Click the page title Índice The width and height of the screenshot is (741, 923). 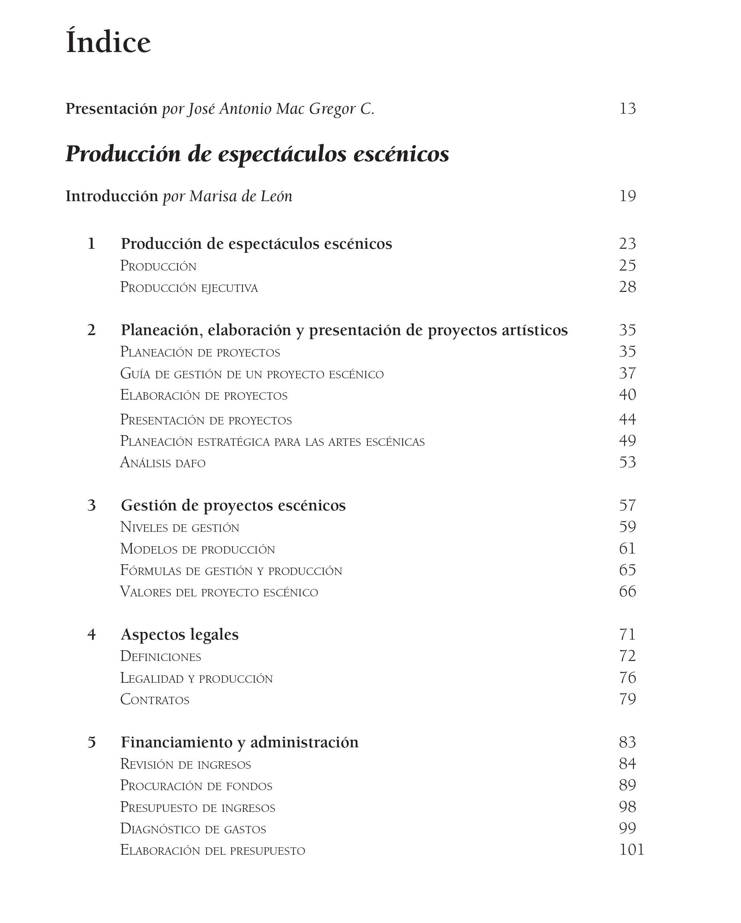pyautogui.click(x=108, y=42)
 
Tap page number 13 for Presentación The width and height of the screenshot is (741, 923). pyautogui.click(x=627, y=109)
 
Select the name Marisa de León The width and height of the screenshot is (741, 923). pyautogui.click(x=241, y=196)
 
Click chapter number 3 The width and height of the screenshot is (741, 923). pyautogui.click(x=92, y=505)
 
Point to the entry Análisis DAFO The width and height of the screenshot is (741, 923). pyautogui.click(x=163, y=463)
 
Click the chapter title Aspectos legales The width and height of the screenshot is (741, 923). pyautogui.click(x=180, y=634)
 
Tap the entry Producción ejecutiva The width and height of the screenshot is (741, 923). pyautogui.click(x=189, y=287)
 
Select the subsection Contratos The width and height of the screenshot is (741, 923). pyautogui.click(x=155, y=699)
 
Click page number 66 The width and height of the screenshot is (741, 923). pyautogui.click(x=627, y=592)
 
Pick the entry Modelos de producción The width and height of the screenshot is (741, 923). pyautogui.click(x=197, y=549)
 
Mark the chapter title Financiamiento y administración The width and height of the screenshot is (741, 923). pyautogui.click(x=240, y=742)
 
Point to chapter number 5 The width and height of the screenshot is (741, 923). pyautogui.click(x=92, y=742)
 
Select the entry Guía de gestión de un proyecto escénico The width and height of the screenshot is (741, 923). pyautogui.click(x=252, y=374)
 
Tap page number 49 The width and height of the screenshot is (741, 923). pyautogui.click(x=627, y=441)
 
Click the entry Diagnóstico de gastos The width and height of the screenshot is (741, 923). pyautogui.click(x=193, y=829)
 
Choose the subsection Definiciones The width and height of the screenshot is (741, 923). pyautogui.click(x=161, y=656)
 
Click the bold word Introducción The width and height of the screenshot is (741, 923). pyautogui.click(x=112, y=196)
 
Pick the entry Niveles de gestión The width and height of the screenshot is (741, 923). pyautogui.click(x=179, y=527)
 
